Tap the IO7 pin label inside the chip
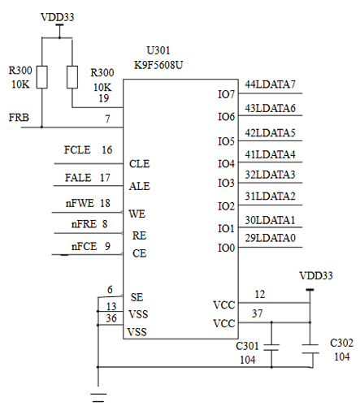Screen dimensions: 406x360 (227, 95)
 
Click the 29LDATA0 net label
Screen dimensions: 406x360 (271, 237)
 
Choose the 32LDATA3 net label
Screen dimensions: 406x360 (271, 175)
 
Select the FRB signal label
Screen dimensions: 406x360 (20, 119)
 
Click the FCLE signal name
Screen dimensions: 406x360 (78, 150)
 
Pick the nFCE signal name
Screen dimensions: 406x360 (84, 246)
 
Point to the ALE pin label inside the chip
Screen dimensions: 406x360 (139, 186)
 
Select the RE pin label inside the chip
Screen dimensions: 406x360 (137, 235)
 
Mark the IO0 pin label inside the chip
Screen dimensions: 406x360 (227, 247)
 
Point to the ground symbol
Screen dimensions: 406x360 (98, 395)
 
